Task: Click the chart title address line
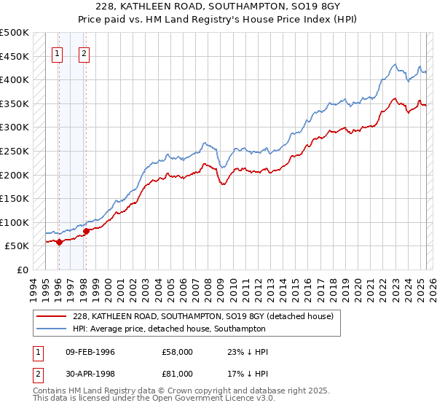(x=218, y=7)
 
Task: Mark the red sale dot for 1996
(x=59, y=243)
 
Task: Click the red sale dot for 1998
(x=86, y=232)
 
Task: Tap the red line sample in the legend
(x=52, y=316)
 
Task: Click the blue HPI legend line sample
(x=52, y=329)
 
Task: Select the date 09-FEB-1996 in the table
(x=90, y=352)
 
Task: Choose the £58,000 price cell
(x=177, y=352)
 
